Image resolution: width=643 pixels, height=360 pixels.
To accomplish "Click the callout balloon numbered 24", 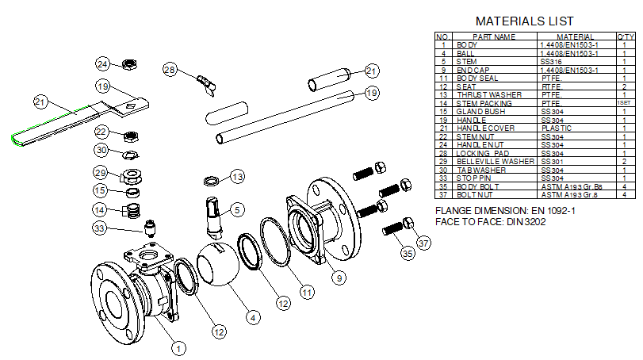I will [x=104, y=63].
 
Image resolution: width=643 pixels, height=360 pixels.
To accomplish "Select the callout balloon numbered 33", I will [x=100, y=229].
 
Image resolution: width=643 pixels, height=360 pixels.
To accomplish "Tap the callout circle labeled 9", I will [x=339, y=278].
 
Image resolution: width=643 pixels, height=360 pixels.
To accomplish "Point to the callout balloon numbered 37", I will [x=423, y=243].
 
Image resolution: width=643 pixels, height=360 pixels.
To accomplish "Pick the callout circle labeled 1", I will [x=179, y=346].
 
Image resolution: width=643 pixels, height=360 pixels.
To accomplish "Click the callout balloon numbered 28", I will [x=169, y=70].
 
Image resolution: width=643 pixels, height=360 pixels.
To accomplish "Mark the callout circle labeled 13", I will [x=238, y=175].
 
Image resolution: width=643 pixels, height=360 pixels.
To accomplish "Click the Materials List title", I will [x=524, y=21].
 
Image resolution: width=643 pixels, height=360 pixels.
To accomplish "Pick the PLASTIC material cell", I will [x=556, y=128].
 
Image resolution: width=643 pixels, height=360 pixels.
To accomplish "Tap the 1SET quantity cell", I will [x=626, y=103].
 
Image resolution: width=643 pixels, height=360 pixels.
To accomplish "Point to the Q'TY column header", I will [x=626, y=36].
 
